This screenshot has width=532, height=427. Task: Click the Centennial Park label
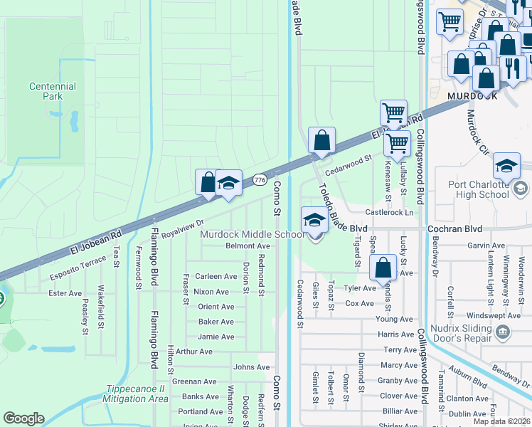53,90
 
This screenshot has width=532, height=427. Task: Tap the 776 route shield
260,181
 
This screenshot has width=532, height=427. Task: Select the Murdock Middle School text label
252,234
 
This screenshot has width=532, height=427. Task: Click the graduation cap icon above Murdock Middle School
314,221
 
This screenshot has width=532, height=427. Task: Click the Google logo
23,418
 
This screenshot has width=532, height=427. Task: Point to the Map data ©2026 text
501,421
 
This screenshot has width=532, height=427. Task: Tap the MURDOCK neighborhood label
472,95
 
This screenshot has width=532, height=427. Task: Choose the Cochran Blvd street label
454,229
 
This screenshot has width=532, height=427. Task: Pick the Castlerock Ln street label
388,212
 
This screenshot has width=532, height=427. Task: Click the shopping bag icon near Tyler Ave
383,268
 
